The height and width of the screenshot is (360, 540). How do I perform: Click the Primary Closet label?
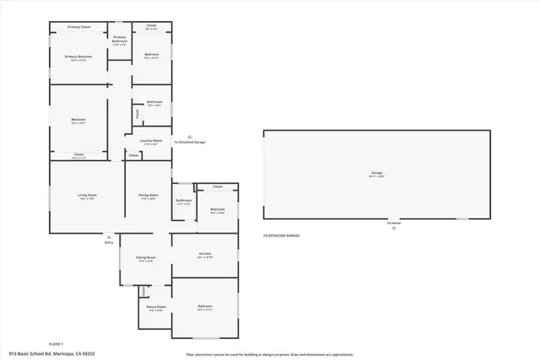click(x=78, y=27)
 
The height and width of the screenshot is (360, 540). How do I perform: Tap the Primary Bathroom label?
click(x=119, y=39)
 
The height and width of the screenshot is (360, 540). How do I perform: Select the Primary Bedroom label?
click(x=78, y=57)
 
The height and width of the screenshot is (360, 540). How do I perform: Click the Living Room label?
click(x=86, y=196)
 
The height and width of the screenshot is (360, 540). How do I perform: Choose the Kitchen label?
click(x=204, y=255)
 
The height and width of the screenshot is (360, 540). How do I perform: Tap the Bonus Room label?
click(x=157, y=309)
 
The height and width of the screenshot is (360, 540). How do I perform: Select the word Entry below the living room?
click(x=109, y=243)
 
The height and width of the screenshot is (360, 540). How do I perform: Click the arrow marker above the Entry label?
click(x=109, y=236)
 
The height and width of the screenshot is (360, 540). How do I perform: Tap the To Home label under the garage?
click(x=392, y=223)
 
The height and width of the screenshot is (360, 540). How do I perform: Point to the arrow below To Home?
click(x=392, y=228)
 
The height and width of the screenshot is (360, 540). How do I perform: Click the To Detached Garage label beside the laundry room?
click(x=190, y=142)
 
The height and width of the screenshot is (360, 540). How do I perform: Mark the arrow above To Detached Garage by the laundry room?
click(x=190, y=136)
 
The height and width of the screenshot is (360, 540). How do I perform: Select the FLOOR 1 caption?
click(x=57, y=344)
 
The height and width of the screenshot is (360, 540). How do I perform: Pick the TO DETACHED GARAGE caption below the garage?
click(x=281, y=236)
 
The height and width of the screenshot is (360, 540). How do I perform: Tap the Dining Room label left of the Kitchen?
click(x=145, y=259)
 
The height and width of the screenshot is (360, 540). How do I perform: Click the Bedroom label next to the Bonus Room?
click(x=204, y=307)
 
